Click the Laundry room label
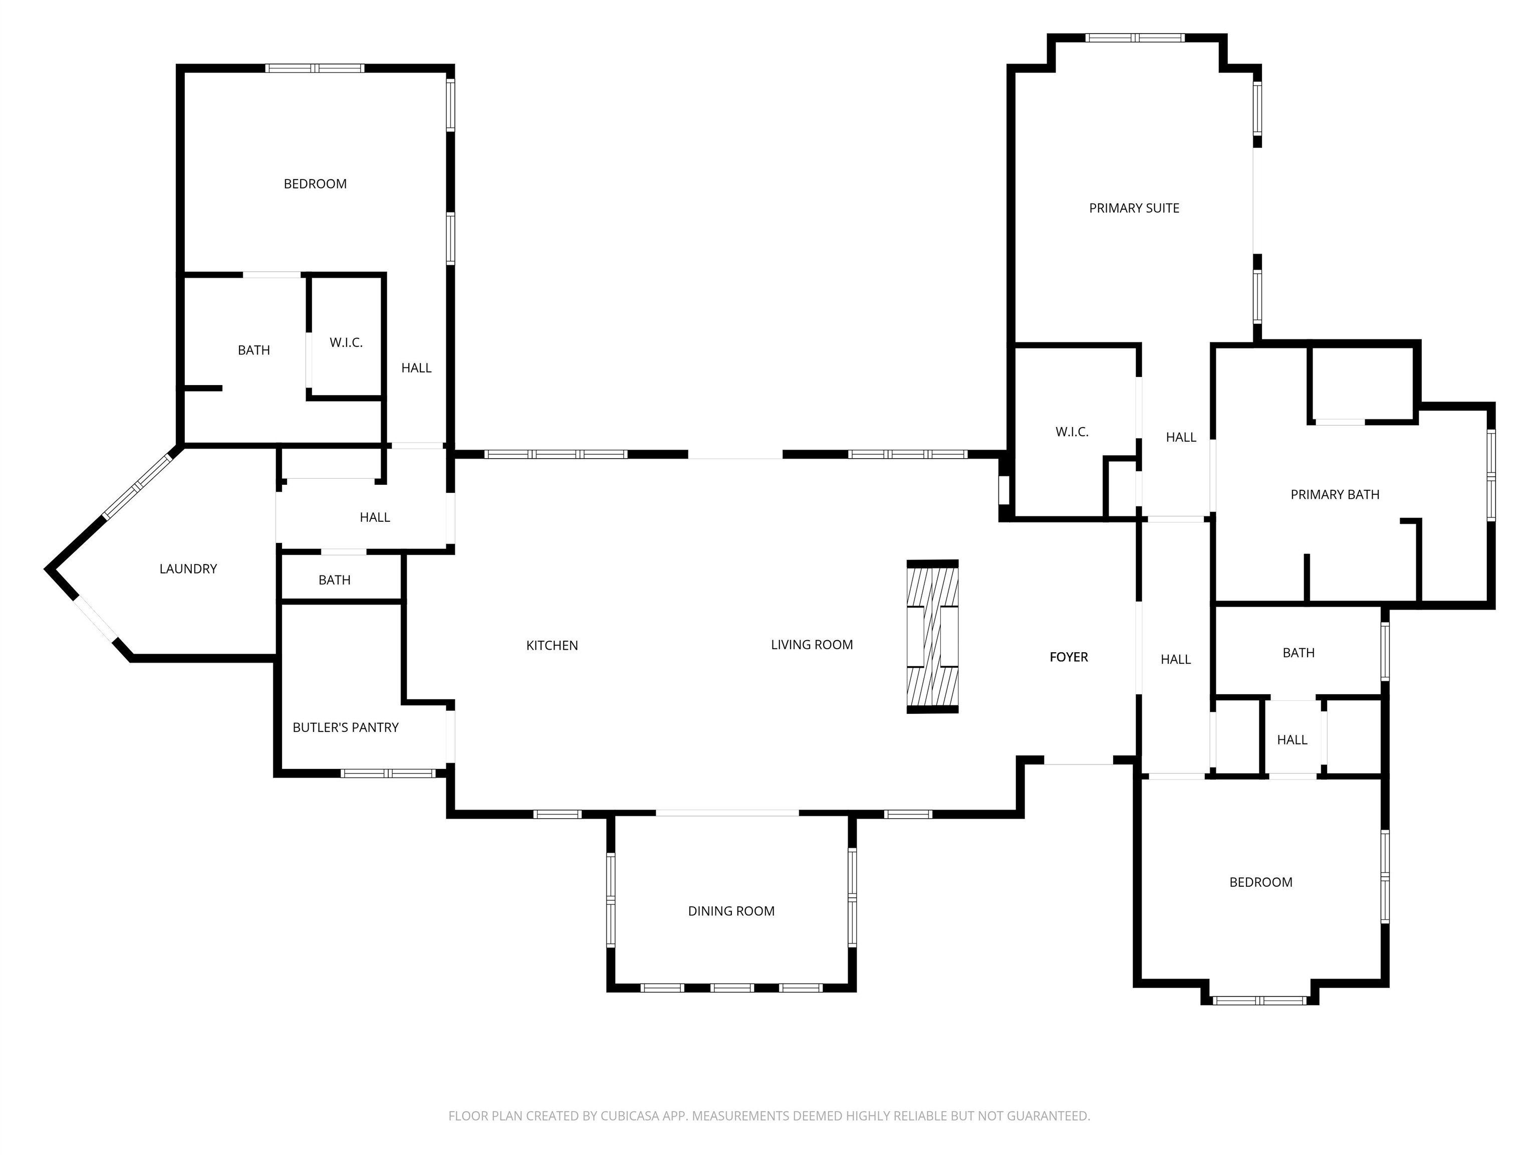(188, 569)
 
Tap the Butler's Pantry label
(345, 727)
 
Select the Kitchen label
(552, 645)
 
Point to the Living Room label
(811, 645)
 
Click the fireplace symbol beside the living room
(932, 636)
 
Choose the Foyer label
(1068, 657)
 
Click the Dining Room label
(730, 911)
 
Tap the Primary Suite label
(1133, 208)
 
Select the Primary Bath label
(1334, 494)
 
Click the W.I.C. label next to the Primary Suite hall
(1072, 432)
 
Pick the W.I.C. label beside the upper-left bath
(346, 342)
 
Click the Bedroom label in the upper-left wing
(315, 184)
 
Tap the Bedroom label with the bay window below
(1260, 882)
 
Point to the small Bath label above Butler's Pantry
(334, 580)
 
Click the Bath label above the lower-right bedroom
(1298, 652)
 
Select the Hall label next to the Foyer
(1175, 659)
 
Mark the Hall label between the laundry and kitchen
(374, 517)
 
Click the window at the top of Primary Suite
(1135, 38)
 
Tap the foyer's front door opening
(1079, 764)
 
